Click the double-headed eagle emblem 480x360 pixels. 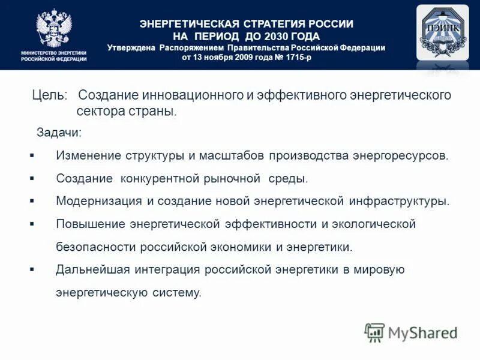[x=53, y=28]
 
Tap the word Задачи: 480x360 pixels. [x=59, y=132]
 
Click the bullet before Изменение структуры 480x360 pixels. [x=32, y=155]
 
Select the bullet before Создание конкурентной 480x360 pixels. [x=32, y=178]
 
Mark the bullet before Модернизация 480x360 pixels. [x=32, y=201]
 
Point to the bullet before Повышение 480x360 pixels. [x=32, y=224]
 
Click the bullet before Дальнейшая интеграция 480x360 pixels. [x=32, y=269]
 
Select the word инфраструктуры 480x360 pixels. [x=406, y=201]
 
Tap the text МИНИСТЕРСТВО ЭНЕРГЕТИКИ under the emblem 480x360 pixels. [x=54, y=53]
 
